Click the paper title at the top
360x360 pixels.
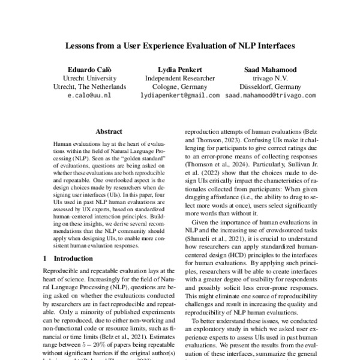[x=179, y=45]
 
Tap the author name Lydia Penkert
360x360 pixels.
[x=179, y=68]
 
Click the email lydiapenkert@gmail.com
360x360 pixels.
[x=179, y=95]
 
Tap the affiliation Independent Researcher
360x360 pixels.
[x=179, y=77]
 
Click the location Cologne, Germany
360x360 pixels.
[x=179, y=86]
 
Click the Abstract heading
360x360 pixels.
[x=109, y=131]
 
